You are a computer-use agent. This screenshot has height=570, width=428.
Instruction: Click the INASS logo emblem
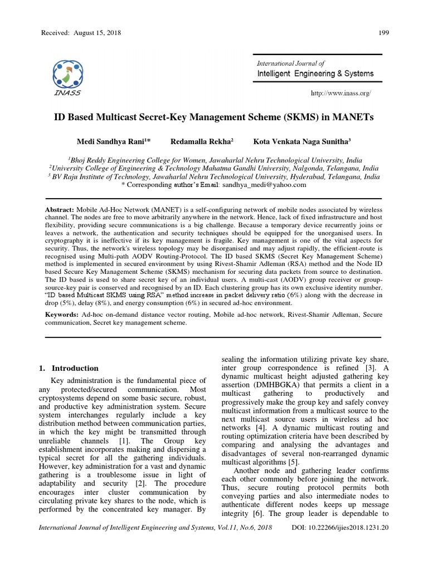[66, 72]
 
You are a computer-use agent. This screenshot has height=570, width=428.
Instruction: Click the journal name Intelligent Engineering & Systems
[315, 73]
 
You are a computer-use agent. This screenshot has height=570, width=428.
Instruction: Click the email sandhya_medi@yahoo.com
[264, 184]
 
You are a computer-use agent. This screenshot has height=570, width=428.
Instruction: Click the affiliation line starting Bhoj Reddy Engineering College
[213, 158]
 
